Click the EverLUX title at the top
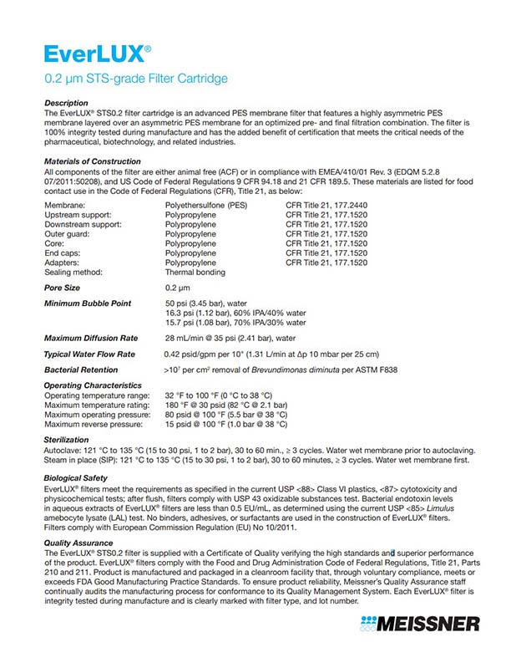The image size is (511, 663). (x=98, y=54)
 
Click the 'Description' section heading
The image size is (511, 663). (x=65, y=103)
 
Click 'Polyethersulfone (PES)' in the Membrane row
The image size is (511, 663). (x=206, y=203)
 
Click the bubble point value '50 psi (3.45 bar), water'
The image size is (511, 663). (x=207, y=302)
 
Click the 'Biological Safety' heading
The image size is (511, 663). (x=76, y=477)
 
